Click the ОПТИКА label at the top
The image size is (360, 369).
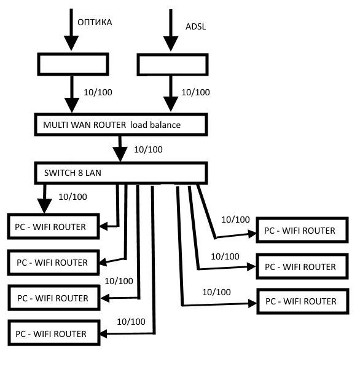[94, 23]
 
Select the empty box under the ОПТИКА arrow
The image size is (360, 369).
[74, 63]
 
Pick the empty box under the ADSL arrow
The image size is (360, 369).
[171, 65]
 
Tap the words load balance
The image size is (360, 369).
[159, 124]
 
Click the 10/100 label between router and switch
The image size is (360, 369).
[148, 149]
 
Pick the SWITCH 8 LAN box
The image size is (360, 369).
[119, 173]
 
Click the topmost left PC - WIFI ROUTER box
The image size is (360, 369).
[55, 227]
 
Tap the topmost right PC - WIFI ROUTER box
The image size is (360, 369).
[299, 231]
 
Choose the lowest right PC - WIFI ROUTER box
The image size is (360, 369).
[300, 301]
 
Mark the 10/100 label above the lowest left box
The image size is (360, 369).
[131, 321]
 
